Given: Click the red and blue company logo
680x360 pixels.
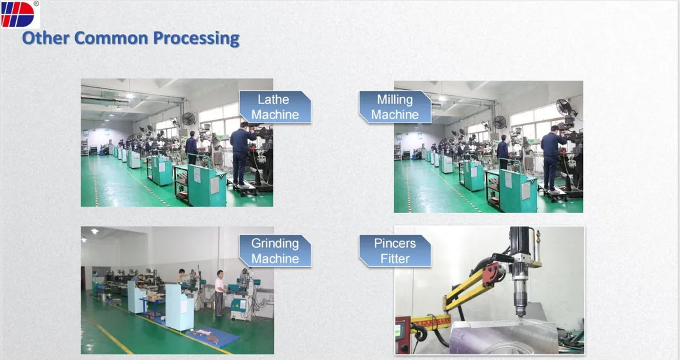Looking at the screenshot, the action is (x=17, y=14).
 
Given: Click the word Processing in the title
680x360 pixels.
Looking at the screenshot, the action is (x=196, y=39).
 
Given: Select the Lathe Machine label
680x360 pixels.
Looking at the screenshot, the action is (x=275, y=107).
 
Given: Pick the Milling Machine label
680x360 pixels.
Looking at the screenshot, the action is (x=395, y=107).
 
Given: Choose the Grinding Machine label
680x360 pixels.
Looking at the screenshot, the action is (x=275, y=251).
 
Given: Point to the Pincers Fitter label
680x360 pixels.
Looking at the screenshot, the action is (x=395, y=251).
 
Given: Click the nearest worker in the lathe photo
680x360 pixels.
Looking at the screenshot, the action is (x=241, y=154).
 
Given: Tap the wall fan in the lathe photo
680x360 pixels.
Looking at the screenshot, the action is (x=188, y=119).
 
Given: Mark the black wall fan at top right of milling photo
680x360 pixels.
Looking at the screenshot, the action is (x=564, y=107).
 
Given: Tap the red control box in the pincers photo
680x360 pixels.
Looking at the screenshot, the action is (x=402, y=336).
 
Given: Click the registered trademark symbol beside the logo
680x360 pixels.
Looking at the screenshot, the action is (x=36, y=3).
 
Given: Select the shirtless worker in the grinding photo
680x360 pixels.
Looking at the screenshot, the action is (x=182, y=277).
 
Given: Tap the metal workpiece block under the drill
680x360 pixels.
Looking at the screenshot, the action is (x=503, y=338).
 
